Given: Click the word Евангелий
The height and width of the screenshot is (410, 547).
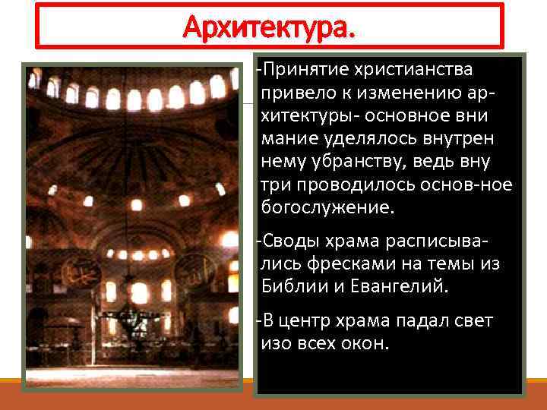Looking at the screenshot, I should [402, 287].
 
